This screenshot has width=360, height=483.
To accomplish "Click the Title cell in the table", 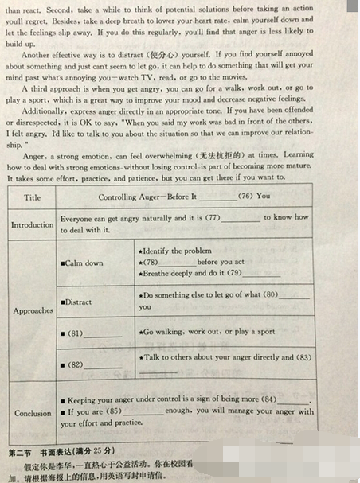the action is [33, 197].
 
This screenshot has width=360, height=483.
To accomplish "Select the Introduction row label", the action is [32, 224].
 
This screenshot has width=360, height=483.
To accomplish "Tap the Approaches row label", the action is [33, 310].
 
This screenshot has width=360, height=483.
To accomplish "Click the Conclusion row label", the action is [33, 413].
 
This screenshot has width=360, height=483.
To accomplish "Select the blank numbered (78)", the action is [178, 262].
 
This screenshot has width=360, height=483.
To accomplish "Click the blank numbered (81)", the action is [103, 333].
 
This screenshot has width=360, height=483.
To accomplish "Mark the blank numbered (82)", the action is [103, 364].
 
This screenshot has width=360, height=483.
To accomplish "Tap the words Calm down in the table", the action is [85, 263].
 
